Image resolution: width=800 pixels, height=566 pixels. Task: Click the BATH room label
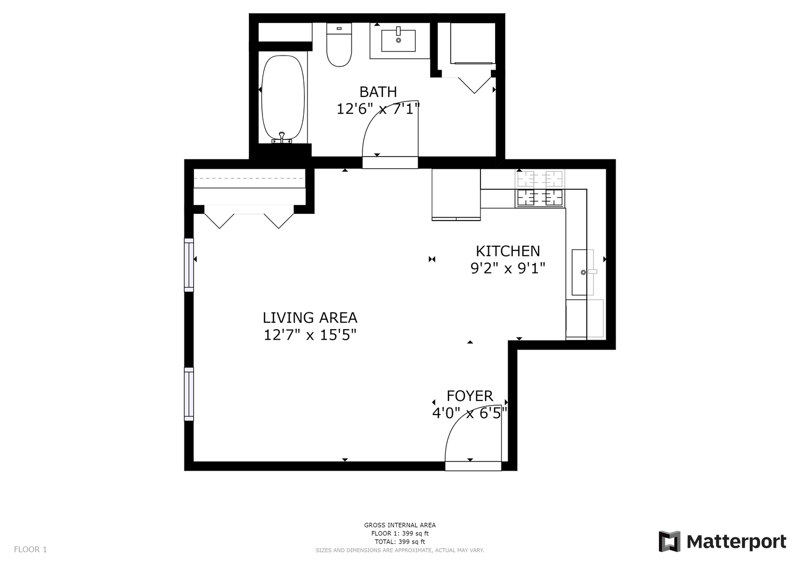[x=378, y=92]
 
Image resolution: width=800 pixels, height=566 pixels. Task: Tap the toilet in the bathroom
[x=339, y=45]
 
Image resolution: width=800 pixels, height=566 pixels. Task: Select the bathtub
[x=283, y=99]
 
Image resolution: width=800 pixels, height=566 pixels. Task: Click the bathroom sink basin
[x=398, y=41]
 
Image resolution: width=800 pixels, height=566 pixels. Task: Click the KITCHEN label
[x=508, y=251]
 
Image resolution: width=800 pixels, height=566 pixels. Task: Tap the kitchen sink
[x=582, y=273]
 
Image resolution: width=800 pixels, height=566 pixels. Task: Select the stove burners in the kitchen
[x=540, y=198]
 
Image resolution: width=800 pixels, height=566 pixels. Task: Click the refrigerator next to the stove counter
[x=456, y=194]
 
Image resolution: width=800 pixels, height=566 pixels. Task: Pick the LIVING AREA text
[x=310, y=318]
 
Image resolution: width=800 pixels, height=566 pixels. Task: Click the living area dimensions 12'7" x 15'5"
[x=310, y=335]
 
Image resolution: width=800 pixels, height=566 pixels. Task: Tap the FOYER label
[x=469, y=396]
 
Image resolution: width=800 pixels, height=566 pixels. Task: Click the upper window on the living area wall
[x=189, y=265]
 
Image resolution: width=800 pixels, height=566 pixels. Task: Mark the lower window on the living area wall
[x=189, y=394]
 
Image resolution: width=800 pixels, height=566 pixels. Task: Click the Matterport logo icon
[x=669, y=541]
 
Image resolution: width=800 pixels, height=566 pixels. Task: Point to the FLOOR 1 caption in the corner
[x=30, y=549]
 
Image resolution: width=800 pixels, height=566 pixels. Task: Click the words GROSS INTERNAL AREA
[x=400, y=525]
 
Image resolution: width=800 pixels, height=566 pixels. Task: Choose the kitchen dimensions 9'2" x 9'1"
[x=508, y=268]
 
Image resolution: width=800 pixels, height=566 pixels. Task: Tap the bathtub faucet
[x=282, y=137]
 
